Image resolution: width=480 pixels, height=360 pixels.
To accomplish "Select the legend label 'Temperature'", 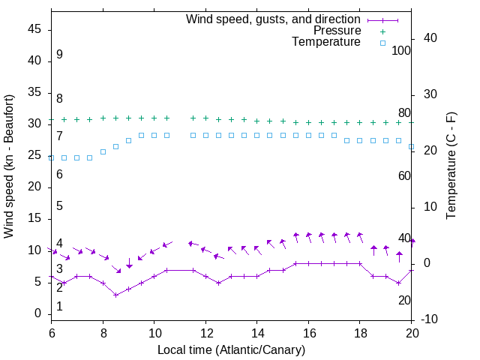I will pyautogui.click(x=326, y=43).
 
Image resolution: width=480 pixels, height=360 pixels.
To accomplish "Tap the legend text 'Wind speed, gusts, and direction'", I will pyautogui.click(x=273, y=19).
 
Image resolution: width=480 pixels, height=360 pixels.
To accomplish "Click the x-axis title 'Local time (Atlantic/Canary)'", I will pyautogui.click(x=232, y=349).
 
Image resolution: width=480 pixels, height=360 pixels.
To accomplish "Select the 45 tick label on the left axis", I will pyautogui.click(x=34, y=30).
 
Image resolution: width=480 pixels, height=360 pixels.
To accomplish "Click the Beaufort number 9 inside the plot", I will pyautogui.click(x=59, y=55).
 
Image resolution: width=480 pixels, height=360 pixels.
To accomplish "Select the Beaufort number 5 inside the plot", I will pyautogui.click(x=59, y=206).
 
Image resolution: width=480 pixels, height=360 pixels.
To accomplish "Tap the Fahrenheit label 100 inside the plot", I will pyautogui.click(x=401, y=50).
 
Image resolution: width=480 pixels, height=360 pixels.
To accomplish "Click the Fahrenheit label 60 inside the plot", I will pyautogui.click(x=404, y=175).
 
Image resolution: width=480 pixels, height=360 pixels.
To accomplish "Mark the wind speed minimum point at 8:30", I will pyautogui.click(x=115, y=295).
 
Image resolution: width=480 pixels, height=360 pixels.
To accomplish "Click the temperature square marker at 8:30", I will pyautogui.click(x=115, y=146).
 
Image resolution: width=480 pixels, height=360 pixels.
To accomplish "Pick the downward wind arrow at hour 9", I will pyautogui.click(x=129, y=263).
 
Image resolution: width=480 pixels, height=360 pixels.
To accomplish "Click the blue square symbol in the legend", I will pyautogui.click(x=382, y=43).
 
